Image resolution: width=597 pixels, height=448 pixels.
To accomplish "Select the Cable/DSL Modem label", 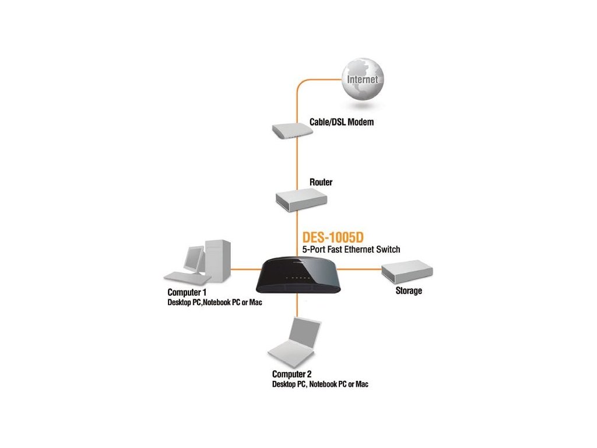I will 340,123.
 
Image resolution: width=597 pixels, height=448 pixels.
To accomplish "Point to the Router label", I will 321,183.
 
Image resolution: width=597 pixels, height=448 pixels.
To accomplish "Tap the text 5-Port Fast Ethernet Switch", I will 351,250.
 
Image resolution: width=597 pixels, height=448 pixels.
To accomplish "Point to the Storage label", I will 408,290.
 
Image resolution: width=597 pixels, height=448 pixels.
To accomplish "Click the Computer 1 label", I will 187,292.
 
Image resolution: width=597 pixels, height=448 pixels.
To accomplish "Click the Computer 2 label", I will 292,373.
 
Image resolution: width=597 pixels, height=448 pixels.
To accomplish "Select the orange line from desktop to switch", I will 245,269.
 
